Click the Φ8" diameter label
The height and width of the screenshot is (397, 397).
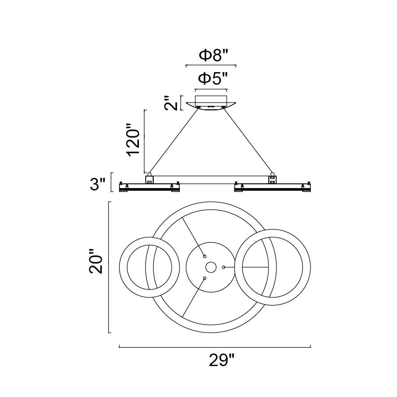pyautogui.click(x=214, y=56)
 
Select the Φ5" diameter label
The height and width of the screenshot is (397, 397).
pyautogui.click(x=213, y=78)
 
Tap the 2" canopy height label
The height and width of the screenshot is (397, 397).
pyautogui.click(x=171, y=103)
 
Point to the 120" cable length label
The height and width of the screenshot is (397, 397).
pyautogui.click(x=133, y=139)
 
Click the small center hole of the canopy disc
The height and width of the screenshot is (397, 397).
pyautogui.click(x=211, y=267)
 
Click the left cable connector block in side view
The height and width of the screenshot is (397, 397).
pyautogui.click(x=149, y=178)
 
